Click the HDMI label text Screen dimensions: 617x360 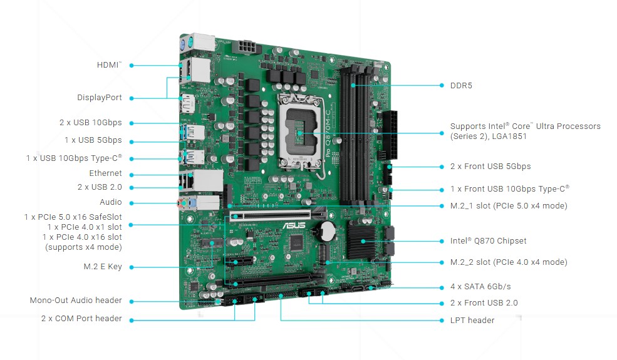[109, 65]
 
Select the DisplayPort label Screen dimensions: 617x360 [100, 98]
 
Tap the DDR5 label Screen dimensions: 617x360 [461, 85]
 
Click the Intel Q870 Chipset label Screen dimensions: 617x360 [489, 241]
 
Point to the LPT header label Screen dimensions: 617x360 [472, 321]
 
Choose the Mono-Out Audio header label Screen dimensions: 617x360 [76, 300]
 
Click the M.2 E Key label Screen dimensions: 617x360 [103, 267]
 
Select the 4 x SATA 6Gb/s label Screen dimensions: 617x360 [480, 286]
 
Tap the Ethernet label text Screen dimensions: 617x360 [105, 173]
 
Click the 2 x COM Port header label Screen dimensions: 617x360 [81, 318]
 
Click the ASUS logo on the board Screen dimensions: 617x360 [294, 225]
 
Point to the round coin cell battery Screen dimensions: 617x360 [326, 231]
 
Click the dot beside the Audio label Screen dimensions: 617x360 [132, 203]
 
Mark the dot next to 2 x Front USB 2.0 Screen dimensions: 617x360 [442, 304]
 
